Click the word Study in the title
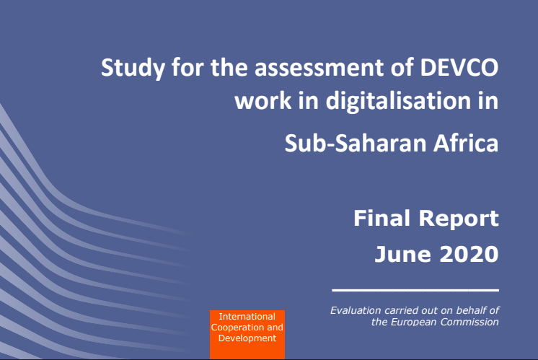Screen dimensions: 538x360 (133, 69)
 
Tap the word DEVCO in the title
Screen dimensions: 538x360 (459, 67)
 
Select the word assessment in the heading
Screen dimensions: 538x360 (319, 67)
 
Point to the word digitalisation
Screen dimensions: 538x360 (398, 101)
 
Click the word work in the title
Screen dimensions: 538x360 (263, 101)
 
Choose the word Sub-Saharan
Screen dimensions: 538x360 (356, 143)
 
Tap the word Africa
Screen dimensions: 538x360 (466, 143)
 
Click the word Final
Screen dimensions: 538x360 (382, 219)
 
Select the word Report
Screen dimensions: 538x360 (459, 219)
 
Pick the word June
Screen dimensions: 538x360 (403, 254)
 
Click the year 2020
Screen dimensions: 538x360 (469, 254)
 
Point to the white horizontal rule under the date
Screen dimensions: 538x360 (415, 290)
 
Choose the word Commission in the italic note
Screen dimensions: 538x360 (469, 322)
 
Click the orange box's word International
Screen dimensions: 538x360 (247, 317)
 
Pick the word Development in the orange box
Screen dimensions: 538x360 (247, 338)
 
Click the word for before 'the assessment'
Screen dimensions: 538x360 (188, 67)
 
